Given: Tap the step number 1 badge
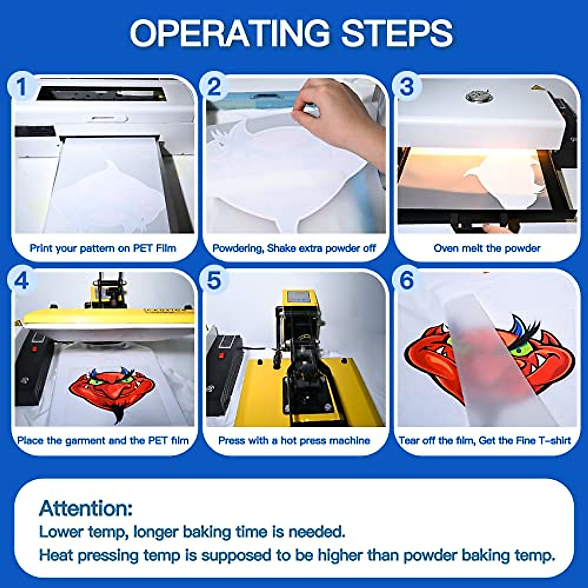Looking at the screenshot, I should (21, 88).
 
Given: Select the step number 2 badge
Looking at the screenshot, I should (214, 88).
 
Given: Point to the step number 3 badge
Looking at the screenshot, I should (407, 87).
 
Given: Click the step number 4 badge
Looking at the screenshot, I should (21, 281).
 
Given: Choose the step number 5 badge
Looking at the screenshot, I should (214, 281).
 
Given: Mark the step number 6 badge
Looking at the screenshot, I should (407, 281).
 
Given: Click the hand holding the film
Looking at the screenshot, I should (338, 118).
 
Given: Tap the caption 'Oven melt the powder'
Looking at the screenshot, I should (487, 248).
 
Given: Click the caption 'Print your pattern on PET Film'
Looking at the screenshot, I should (102, 248).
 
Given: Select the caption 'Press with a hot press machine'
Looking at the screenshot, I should (294, 441).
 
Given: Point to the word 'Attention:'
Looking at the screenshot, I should (86, 508).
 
